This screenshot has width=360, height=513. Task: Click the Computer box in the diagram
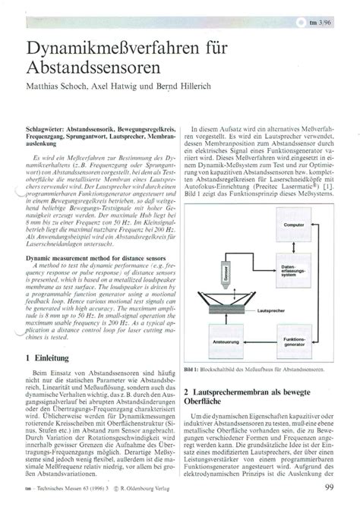pos(293,225)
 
